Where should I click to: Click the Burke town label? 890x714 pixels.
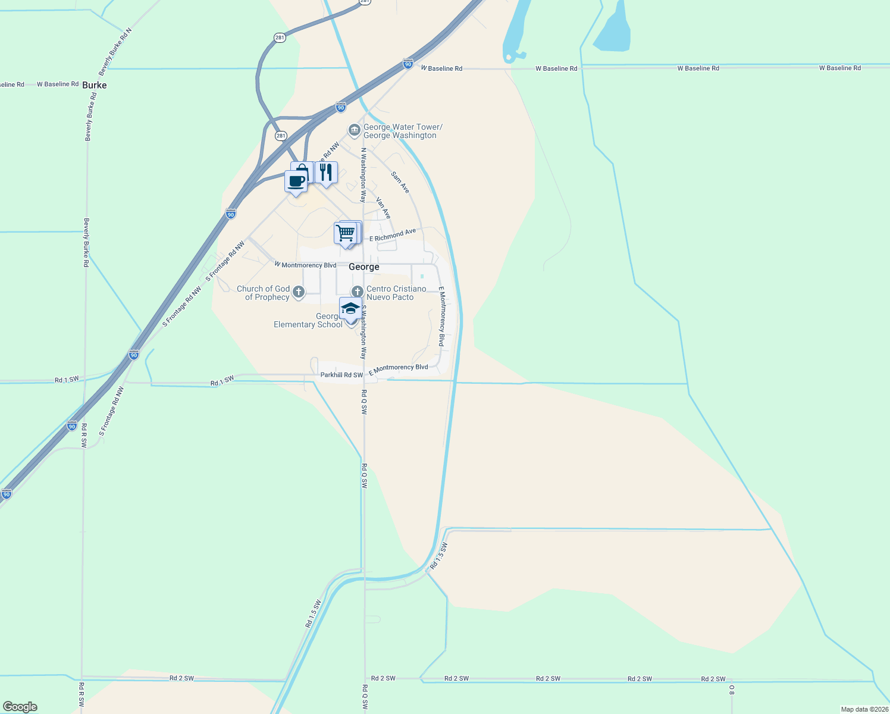pos(95,85)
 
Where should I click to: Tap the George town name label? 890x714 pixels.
pos(364,267)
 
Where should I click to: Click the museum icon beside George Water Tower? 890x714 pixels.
pos(355,130)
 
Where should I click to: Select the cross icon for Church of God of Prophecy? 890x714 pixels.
pos(299,292)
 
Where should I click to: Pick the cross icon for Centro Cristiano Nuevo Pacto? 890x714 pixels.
pos(357,292)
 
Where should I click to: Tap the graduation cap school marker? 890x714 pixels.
pos(350,309)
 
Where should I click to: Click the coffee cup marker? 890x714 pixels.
pos(296,181)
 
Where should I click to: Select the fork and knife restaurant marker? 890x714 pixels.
pos(326,173)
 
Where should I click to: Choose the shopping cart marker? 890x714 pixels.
pos(345,233)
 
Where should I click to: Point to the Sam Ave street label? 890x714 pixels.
pos(400,182)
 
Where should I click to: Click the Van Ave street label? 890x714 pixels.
pos(384,208)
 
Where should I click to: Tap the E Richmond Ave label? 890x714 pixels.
pos(393,235)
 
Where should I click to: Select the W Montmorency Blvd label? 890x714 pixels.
pos(305,265)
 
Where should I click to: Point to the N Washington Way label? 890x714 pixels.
pos(363,175)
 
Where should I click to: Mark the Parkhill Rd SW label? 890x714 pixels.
pos(341,375)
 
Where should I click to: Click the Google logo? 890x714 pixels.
pos(20,707)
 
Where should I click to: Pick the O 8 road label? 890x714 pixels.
pos(732,690)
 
